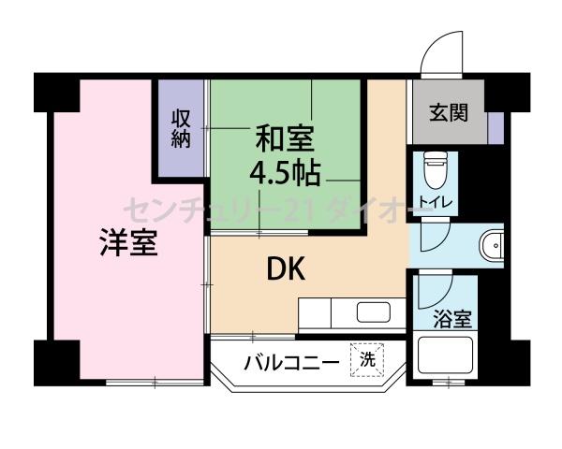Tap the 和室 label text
pyautogui.click(x=285, y=140)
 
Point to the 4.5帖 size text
pyautogui.click(x=285, y=173)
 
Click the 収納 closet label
pyautogui.click(x=181, y=128)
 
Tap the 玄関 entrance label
pyautogui.click(x=448, y=113)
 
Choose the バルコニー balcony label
pyautogui.click(x=292, y=361)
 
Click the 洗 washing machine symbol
pyautogui.click(x=367, y=358)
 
